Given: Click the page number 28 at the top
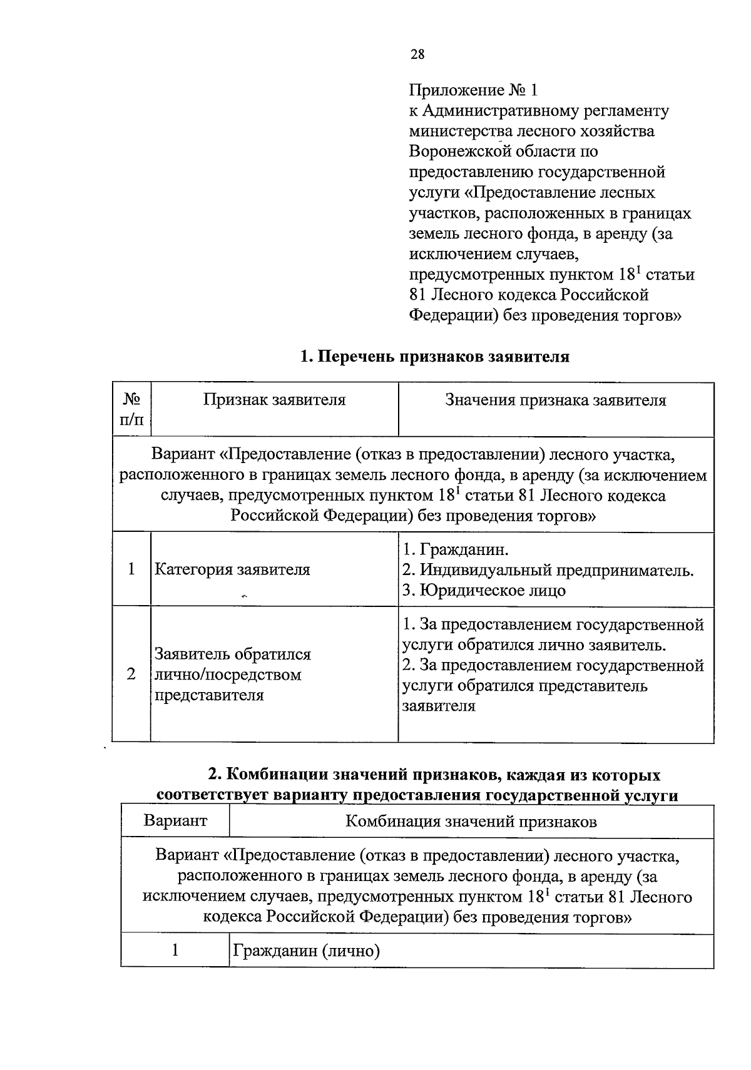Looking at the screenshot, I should (417, 54).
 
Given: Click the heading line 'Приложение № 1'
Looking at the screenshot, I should (473, 90).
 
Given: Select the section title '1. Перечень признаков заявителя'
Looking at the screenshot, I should (435, 357).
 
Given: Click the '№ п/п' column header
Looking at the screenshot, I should (131, 409).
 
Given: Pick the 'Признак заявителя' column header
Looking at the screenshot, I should (274, 400).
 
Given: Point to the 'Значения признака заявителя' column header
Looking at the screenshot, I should (556, 400).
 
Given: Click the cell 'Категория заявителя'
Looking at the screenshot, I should (232, 569).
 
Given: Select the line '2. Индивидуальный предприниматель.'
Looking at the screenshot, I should (548, 570).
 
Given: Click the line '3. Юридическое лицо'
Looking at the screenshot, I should (484, 591).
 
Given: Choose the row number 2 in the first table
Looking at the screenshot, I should (131, 674).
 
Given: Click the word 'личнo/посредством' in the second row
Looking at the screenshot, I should (228, 675).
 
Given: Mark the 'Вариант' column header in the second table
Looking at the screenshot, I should (175, 820).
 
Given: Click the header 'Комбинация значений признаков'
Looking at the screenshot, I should (471, 821).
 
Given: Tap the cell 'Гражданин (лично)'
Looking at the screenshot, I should (307, 952).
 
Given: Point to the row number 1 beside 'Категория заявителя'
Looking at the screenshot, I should (131, 569).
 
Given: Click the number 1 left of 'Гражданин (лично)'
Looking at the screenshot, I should (175, 950).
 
